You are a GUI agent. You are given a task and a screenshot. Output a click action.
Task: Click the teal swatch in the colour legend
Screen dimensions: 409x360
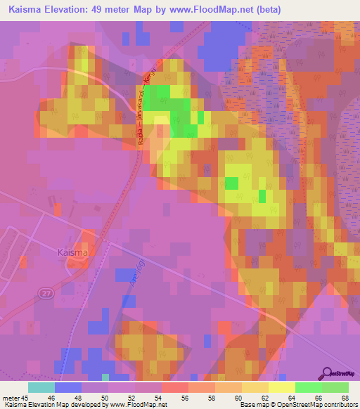[41, 387]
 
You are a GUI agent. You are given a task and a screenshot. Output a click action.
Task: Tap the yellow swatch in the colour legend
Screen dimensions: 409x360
[281, 387]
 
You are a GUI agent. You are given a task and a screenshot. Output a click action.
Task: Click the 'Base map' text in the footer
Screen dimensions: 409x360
[251, 405]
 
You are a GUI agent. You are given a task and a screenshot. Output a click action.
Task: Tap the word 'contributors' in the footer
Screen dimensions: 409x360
[340, 405]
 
